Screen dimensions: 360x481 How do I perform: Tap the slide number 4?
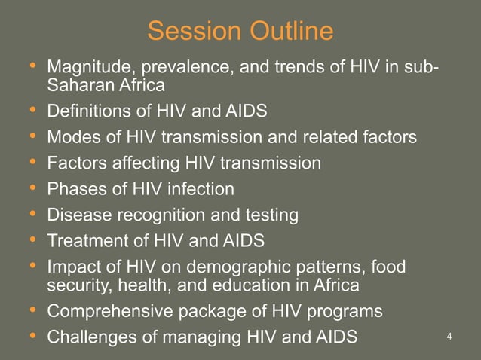point(449,335)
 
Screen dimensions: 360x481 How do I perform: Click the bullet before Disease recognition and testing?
point(31,215)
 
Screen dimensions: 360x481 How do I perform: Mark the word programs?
point(345,310)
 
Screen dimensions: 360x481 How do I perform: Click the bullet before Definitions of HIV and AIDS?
point(31,111)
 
